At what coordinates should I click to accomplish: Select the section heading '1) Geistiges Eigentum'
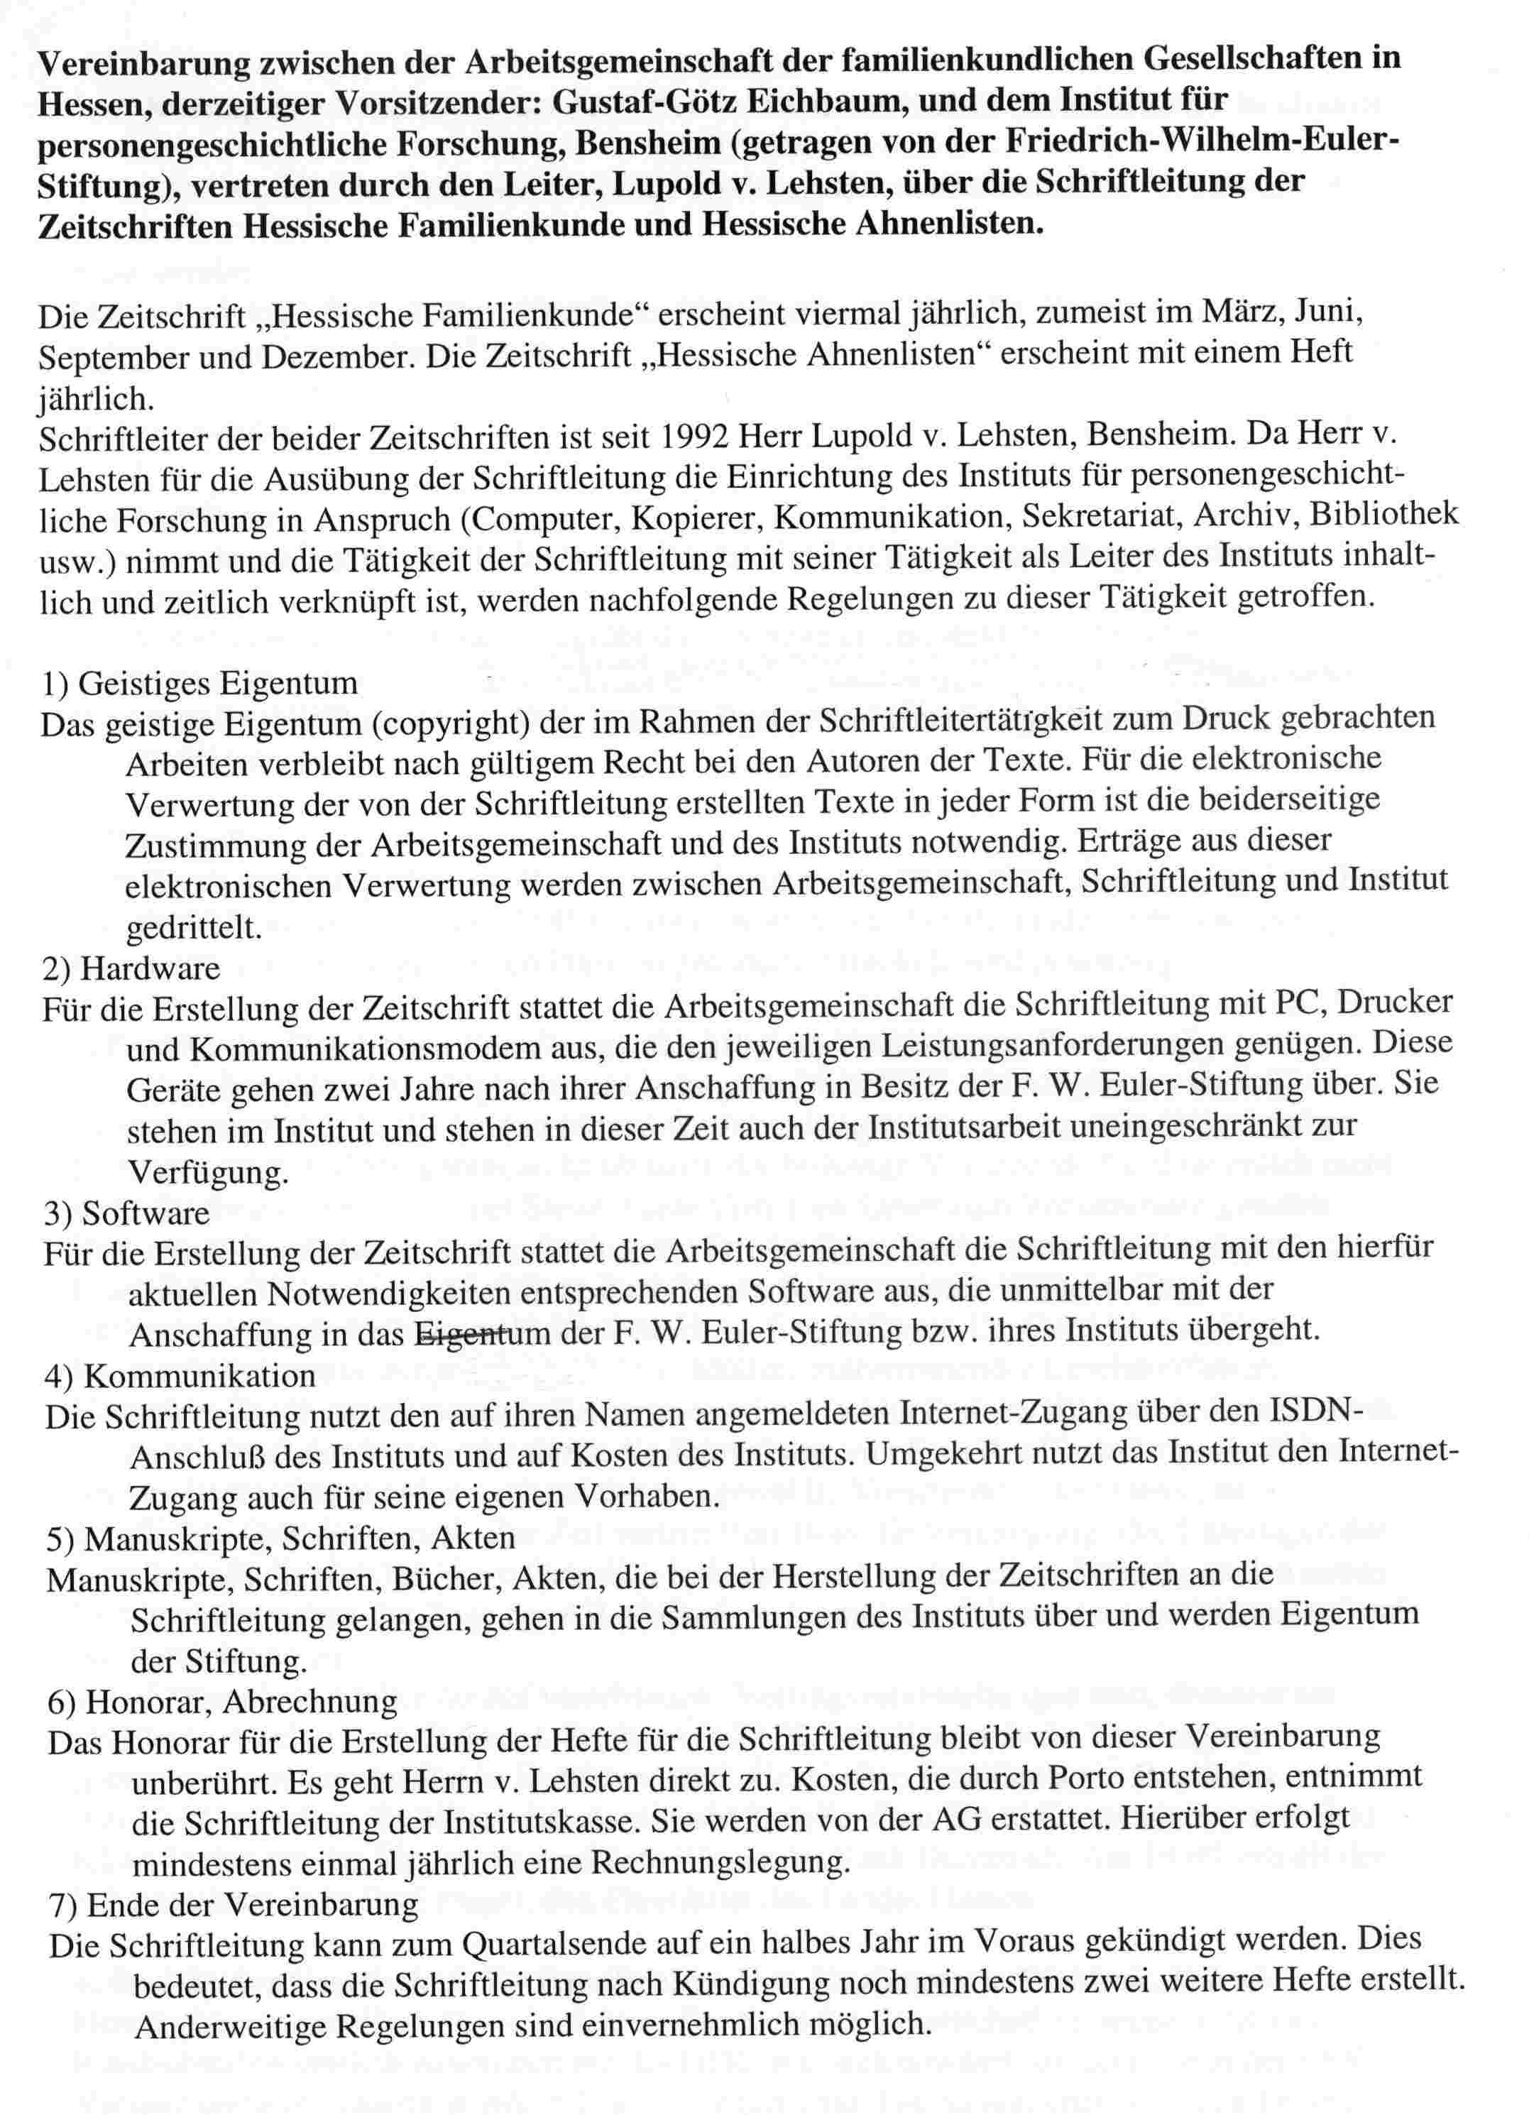coord(199,684)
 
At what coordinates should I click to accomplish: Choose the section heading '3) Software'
coord(127,1213)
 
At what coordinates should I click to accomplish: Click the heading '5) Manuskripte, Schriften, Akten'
coord(280,1538)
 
